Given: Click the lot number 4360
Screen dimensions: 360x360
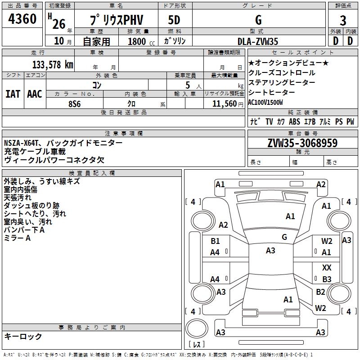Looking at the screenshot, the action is click(22, 20).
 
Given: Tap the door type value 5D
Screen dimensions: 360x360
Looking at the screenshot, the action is click(174, 20).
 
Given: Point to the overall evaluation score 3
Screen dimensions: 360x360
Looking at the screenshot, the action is click(343, 21).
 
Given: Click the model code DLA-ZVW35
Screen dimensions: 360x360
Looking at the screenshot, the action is click(258, 41).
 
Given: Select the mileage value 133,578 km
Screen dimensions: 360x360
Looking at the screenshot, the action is click(53, 64).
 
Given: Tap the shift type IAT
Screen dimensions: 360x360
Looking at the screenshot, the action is click(13, 94).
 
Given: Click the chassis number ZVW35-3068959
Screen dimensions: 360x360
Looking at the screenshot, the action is click(302, 144).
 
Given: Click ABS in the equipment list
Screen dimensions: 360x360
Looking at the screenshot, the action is click(294, 122).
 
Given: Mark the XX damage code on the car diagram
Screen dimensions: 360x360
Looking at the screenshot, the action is click(327, 267).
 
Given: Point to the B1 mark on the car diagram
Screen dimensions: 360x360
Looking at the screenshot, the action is click(216, 241).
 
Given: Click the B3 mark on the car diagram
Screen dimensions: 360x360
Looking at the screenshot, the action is click(327, 279).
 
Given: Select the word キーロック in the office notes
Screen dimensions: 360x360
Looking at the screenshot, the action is click(23, 336).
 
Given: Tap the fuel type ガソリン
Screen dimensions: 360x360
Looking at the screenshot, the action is click(175, 41).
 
